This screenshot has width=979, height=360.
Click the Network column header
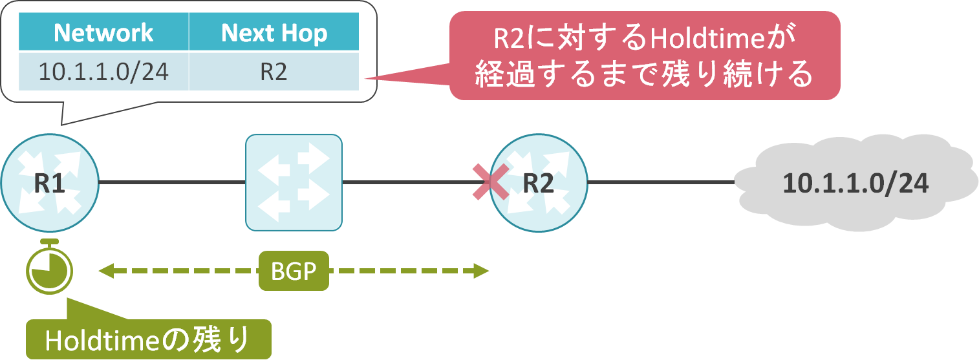[x=103, y=33]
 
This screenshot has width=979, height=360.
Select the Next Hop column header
[x=274, y=33]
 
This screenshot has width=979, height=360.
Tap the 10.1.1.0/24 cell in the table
[x=103, y=72]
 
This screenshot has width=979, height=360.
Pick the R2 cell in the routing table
[x=274, y=72]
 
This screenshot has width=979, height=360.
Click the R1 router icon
[x=50, y=183]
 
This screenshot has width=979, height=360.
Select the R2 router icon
[x=539, y=183]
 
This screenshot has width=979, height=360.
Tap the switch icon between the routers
[x=294, y=182]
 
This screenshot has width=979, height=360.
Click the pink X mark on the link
[x=490, y=182]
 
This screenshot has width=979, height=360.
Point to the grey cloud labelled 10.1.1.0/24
[x=855, y=184]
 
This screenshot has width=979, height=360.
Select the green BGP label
[x=294, y=271]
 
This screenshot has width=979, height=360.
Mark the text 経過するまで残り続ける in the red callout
[x=643, y=75]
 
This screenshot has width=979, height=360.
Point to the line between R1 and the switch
[x=172, y=183]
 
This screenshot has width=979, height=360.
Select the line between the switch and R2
[x=407, y=183]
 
